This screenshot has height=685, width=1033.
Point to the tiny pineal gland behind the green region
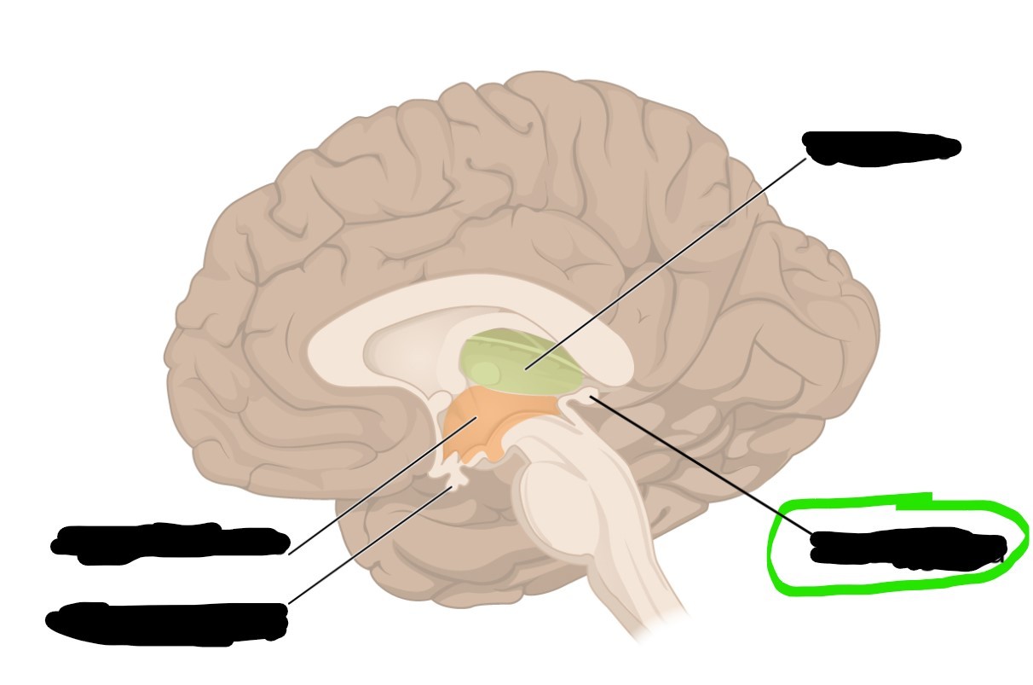[586, 396]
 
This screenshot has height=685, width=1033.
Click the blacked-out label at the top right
[882, 148]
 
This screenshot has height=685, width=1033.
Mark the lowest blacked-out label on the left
[166, 623]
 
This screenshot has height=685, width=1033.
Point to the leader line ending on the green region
[665, 264]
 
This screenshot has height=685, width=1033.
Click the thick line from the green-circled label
[699, 465]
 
